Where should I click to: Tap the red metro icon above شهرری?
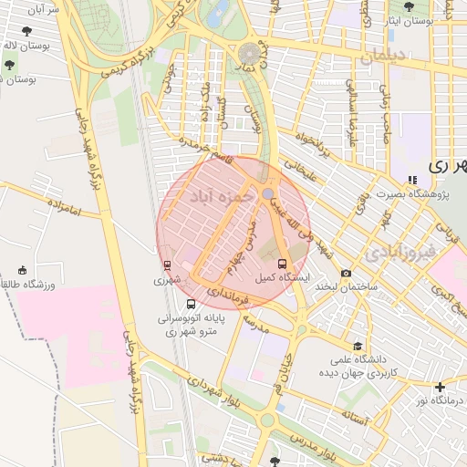pyautogui.click(x=167, y=265)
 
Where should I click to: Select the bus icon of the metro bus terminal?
pyautogui.click(x=190, y=304)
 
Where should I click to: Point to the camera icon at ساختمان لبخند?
pyautogui.click(x=346, y=273)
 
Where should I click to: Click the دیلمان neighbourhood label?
pyautogui.click(x=394, y=57)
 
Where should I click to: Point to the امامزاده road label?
pyautogui.click(x=63, y=213)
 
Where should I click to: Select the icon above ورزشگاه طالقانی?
pyautogui.click(x=23, y=270)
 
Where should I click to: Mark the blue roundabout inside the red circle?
pyautogui.click(x=266, y=194)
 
